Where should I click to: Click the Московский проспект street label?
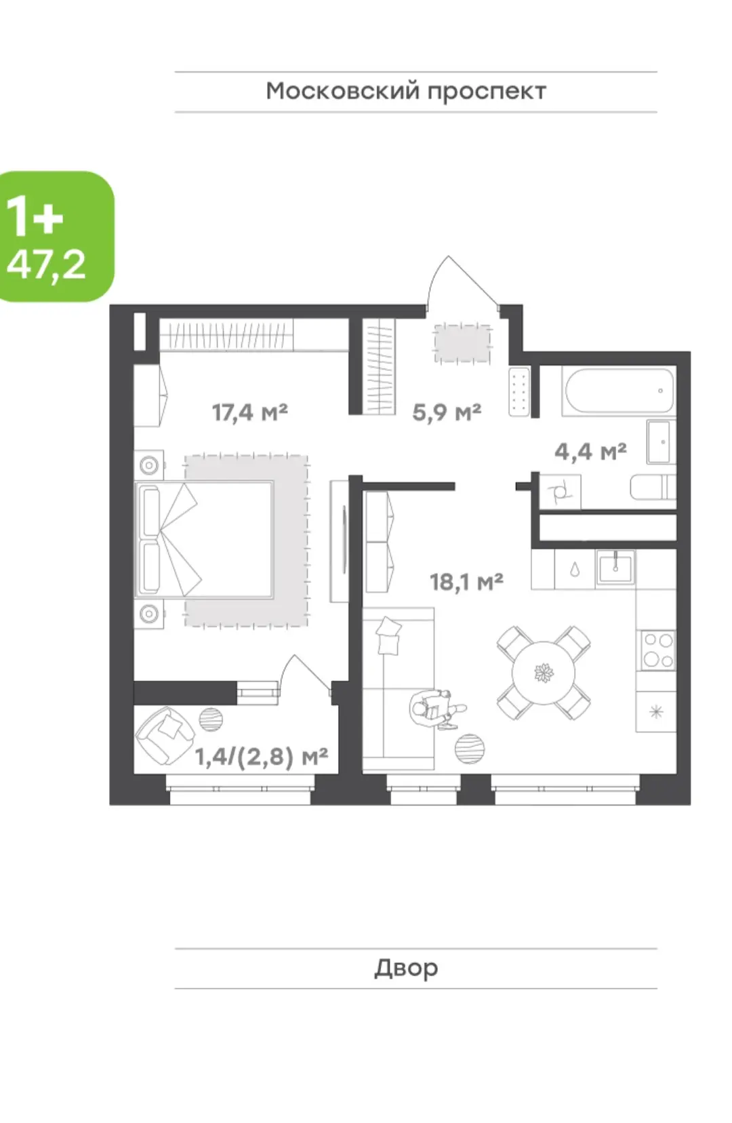coord(405,92)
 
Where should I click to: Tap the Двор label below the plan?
coord(406,968)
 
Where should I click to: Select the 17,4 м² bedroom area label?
coord(249,412)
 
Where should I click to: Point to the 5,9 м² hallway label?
coord(447,412)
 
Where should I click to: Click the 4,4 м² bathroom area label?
coord(590,452)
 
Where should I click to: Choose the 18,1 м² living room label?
coord(466,582)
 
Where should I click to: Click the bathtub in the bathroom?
coord(617,391)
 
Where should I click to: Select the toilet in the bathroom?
coord(653,487)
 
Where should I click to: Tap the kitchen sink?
coord(615,568)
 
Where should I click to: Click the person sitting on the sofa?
coord(435,709)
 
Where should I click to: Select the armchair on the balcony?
coord(165,735)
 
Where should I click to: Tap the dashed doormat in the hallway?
coord(462,343)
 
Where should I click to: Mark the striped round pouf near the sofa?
coord(470,749)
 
